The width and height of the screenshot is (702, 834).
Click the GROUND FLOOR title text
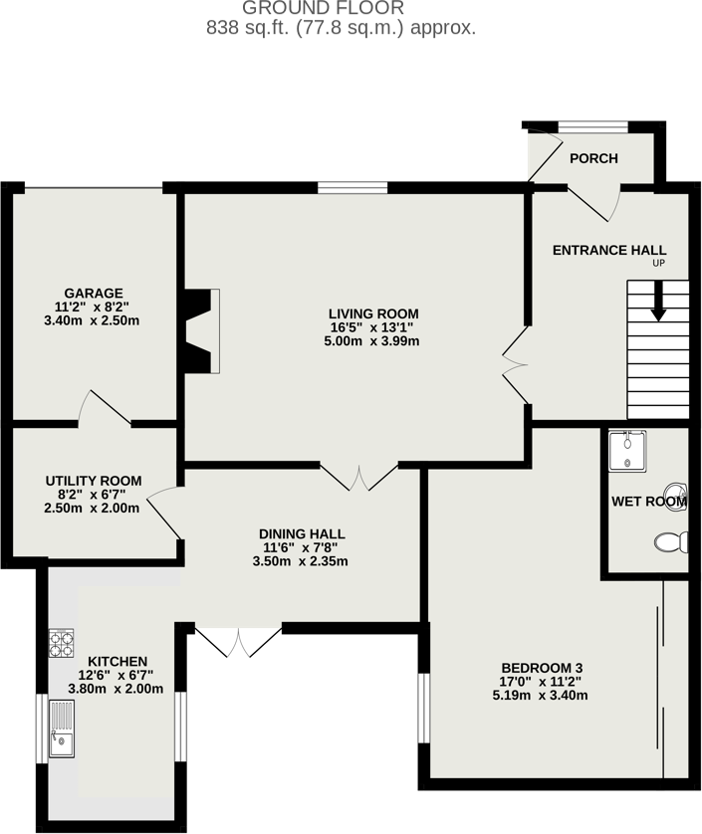pyautogui.click(x=341, y=8)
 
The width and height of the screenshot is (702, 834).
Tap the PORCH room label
pyautogui.click(x=593, y=158)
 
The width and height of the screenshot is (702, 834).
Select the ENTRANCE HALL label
pyautogui.click(x=609, y=250)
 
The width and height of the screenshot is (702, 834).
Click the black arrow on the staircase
pyautogui.click(x=657, y=302)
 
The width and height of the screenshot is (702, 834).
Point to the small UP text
pyautogui.click(x=658, y=264)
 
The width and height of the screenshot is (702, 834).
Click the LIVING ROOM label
pyautogui.click(x=373, y=313)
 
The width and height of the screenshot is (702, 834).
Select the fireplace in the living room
pyautogui.click(x=202, y=331)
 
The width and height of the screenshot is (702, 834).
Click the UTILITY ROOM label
pyautogui.click(x=94, y=481)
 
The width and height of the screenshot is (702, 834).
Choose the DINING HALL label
pyautogui.click(x=301, y=533)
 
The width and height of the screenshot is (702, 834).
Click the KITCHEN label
pyautogui.click(x=117, y=661)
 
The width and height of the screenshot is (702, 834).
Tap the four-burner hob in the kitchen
pyautogui.click(x=62, y=644)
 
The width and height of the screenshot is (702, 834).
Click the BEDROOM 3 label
pyautogui.click(x=542, y=667)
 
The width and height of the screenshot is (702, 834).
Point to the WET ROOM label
pyautogui.click(x=648, y=502)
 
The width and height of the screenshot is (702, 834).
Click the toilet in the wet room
pyautogui.click(x=672, y=542)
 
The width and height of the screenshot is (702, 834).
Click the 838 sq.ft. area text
pyautogui.click(x=341, y=28)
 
